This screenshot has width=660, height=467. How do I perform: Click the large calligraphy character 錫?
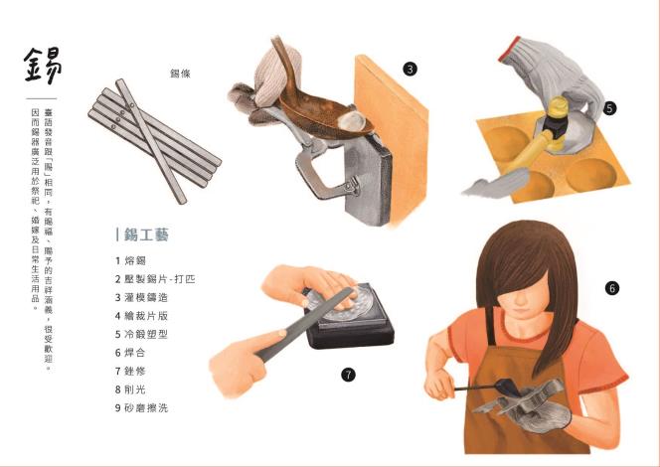(43, 66)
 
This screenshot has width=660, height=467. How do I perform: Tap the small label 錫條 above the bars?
(180, 74)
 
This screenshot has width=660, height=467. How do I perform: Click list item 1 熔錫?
(130, 260)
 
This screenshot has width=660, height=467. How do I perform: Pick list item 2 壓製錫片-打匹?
(155, 279)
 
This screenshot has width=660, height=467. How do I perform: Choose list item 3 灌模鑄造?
(141, 297)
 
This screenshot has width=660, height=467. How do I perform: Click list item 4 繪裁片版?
(141, 316)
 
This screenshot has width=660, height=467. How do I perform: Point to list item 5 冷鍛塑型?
(141, 335)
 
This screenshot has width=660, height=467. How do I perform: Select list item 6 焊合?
(130, 353)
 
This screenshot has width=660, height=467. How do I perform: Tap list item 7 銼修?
(130, 371)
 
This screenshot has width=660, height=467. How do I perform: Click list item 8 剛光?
(130, 389)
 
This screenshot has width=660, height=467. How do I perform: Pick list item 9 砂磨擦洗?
(141, 407)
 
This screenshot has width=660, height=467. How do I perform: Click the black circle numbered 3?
(410, 69)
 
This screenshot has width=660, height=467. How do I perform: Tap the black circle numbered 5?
(609, 108)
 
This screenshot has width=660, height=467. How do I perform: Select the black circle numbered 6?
(612, 288)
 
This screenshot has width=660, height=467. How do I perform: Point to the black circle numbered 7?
(348, 375)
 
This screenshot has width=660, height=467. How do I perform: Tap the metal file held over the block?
(304, 325)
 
